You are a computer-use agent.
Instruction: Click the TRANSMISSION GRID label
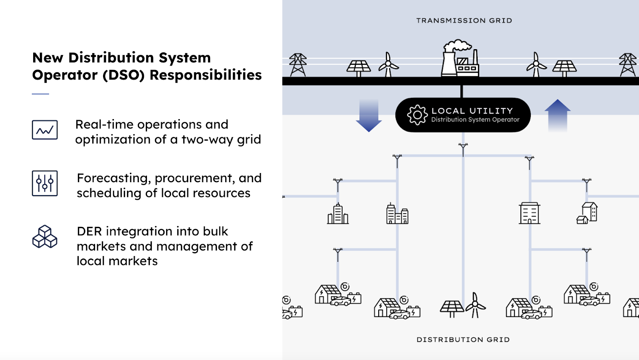coord(464,20)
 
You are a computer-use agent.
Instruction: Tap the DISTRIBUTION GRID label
coord(463,340)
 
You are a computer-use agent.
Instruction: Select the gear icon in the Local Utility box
coord(417,115)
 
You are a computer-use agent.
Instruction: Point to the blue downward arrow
coord(368,116)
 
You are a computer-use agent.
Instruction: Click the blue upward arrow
coord(557,115)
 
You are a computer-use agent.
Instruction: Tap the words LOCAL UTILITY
coord(472,111)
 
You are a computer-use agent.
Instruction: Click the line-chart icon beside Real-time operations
coord(45,130)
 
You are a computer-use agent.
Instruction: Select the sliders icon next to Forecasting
coord(45,183)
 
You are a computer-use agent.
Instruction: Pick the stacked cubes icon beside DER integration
coord(45,237)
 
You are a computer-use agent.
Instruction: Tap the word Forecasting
coord(114,178)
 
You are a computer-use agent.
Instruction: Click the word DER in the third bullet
coord(89,231)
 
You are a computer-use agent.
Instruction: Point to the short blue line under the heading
coord(40,94)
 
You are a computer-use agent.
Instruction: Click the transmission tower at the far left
coord(298,65)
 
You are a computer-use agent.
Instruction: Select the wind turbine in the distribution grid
coord(475,306)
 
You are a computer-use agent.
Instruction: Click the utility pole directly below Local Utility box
coord(463,149)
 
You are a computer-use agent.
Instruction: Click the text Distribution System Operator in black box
coord(475,119)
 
